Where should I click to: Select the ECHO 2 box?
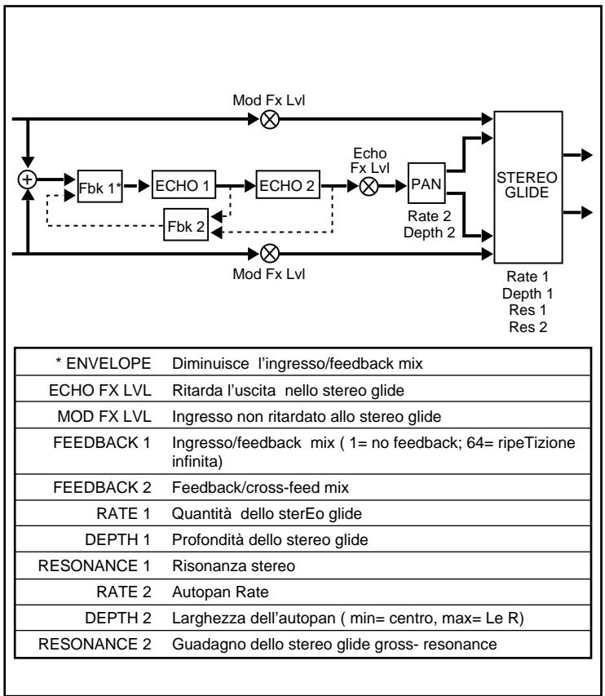click(287, 185)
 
